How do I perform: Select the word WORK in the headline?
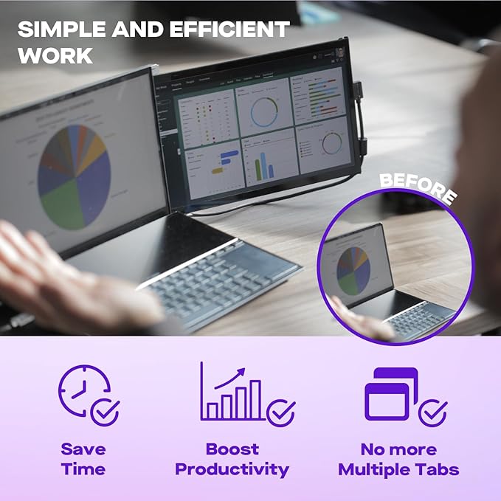coord(56,56)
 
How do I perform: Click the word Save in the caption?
coord(83,449)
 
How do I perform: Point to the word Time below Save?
coord(83,469)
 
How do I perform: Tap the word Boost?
coord(232,449)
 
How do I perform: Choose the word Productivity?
coord(232,469)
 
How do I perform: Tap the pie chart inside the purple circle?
coord(353,271)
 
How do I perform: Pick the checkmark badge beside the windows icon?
coord(432,412)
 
